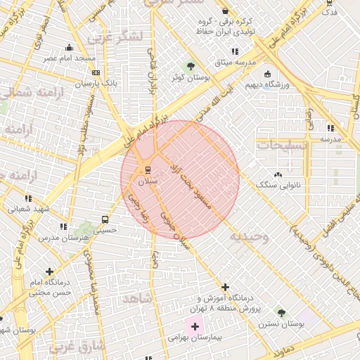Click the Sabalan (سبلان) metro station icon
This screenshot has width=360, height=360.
(147, 169)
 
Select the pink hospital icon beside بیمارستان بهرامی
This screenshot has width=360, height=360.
(195, 326)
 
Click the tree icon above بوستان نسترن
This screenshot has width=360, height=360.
(281, 312)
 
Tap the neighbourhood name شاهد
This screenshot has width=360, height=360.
(138, 299)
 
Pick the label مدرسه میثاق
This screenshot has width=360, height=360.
(235, 62)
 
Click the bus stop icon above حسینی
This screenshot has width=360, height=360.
(105, 219)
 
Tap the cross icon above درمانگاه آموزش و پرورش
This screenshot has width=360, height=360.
(225, 287)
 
